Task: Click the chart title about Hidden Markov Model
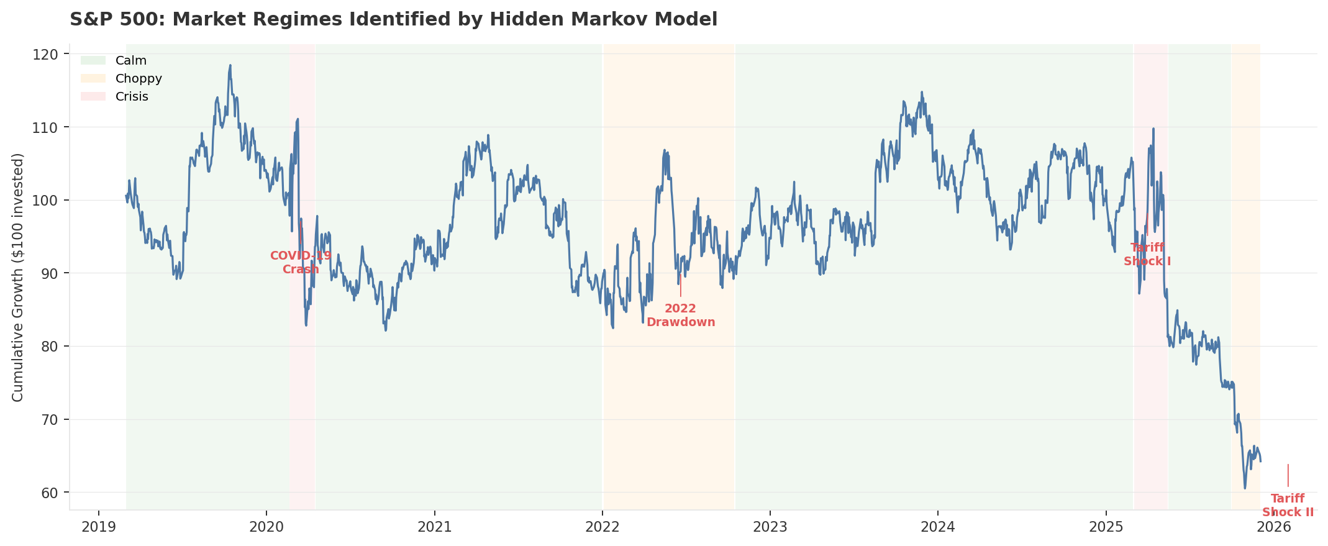pos(393,19)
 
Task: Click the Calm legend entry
pos(130,61)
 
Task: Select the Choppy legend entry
pos(139,79)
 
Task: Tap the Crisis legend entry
pos(132,97)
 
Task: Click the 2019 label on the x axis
pos(99,527)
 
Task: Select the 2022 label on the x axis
pos(602,527)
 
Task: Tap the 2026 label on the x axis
pos(1273,527)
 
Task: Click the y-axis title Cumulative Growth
pos(18,277)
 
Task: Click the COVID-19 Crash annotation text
pos(301,263)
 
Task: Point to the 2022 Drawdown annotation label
pos(681,316)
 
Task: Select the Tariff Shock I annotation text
pos(1147,255)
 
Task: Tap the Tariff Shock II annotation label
pos(1288,506)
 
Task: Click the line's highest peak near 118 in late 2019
pos(230,65)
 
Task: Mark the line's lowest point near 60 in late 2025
pos(1244,488)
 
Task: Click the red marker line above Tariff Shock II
pos(1288,475)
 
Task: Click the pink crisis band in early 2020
pos(302,155)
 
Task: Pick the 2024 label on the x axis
pos(938,527)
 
